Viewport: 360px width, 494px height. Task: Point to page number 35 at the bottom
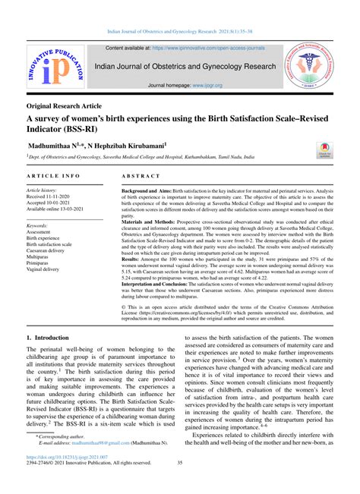click(179, 486)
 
